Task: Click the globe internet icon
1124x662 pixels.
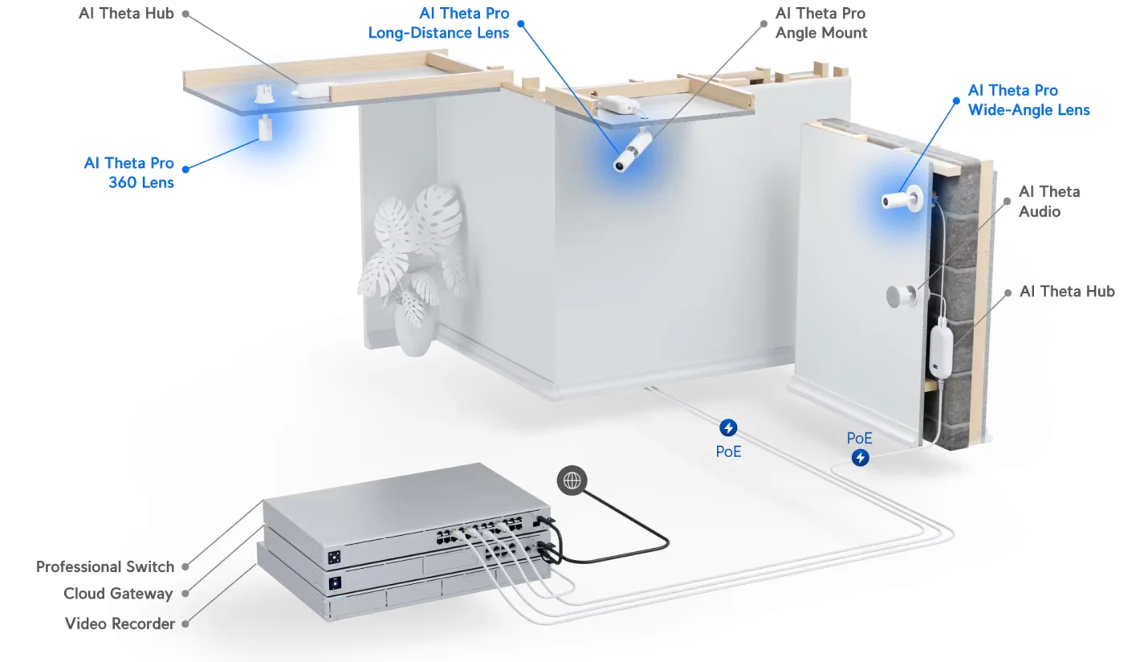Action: tap(572, 480)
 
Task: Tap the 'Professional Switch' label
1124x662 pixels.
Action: tap(105, 566)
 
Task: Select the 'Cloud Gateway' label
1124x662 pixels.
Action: tap(118, 594)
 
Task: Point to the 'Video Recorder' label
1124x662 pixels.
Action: tap(120, 623)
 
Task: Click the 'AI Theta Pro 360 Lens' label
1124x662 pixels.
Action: tap(129, 173)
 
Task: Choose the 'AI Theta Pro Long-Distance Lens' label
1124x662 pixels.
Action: tap(438, 23)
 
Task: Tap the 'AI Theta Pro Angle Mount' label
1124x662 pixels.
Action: tap(821, 23)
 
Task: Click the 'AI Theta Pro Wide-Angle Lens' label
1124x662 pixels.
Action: tap(1028, 100)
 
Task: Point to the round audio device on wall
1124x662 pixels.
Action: tap(900, 296)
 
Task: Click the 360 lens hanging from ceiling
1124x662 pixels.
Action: tap(264, 128)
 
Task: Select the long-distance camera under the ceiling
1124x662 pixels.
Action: tap(633, 153)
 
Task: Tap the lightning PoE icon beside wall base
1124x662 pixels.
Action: tap(860, 458)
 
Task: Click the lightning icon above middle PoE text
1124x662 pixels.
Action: tap(728, 428)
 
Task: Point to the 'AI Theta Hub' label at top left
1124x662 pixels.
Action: tap(126, 14)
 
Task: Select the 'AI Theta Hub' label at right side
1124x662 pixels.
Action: tap(1066, 292)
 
